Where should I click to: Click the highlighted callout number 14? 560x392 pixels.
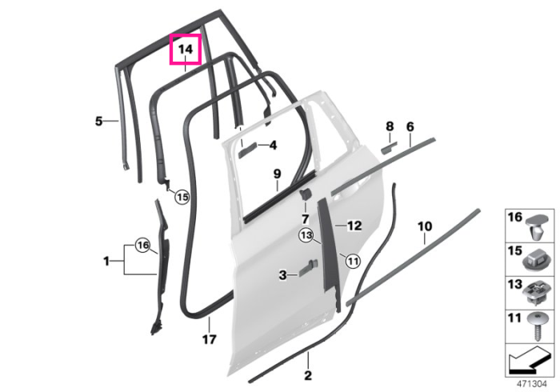[186, 49]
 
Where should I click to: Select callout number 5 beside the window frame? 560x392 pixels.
[99, 121]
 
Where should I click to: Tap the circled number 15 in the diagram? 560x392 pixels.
[182, 197]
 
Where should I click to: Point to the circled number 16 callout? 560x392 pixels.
[142, 246]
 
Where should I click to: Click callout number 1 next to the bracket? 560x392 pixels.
[106, 262]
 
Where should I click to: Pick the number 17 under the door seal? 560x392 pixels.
[210, 339]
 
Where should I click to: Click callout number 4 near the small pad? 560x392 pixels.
[273, 146]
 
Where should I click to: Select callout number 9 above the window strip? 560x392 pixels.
[277, 174]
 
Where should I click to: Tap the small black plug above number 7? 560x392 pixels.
[306, 194]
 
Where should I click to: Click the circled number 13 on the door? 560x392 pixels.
[306, 235]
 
